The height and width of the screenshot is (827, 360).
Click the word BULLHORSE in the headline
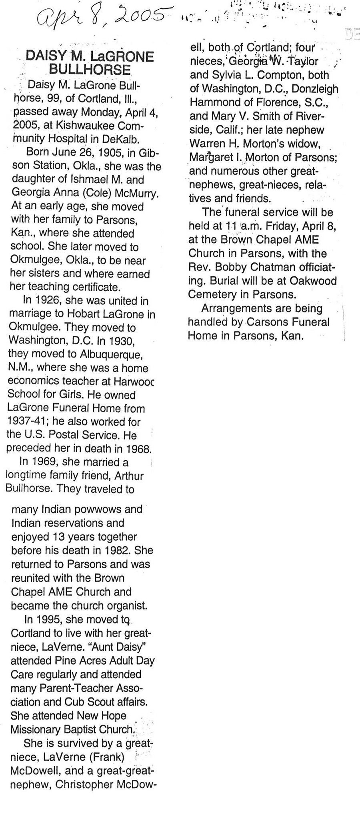click(90, 70)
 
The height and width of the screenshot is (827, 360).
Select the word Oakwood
click(314, 280)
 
